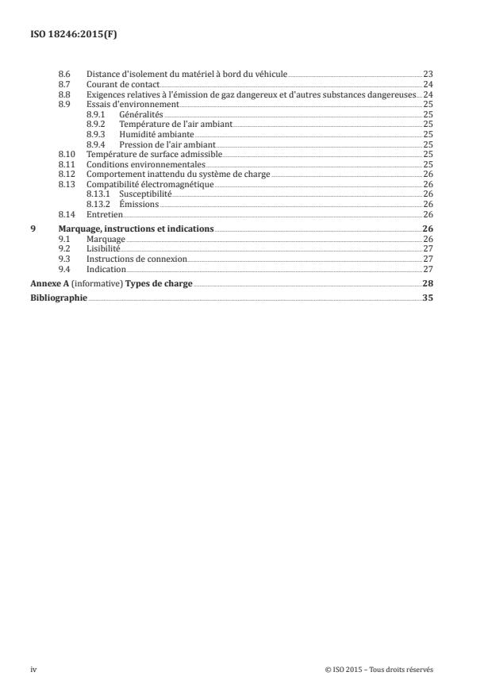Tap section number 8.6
(x=65, y=74)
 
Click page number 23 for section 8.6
(x=428, y=74)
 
